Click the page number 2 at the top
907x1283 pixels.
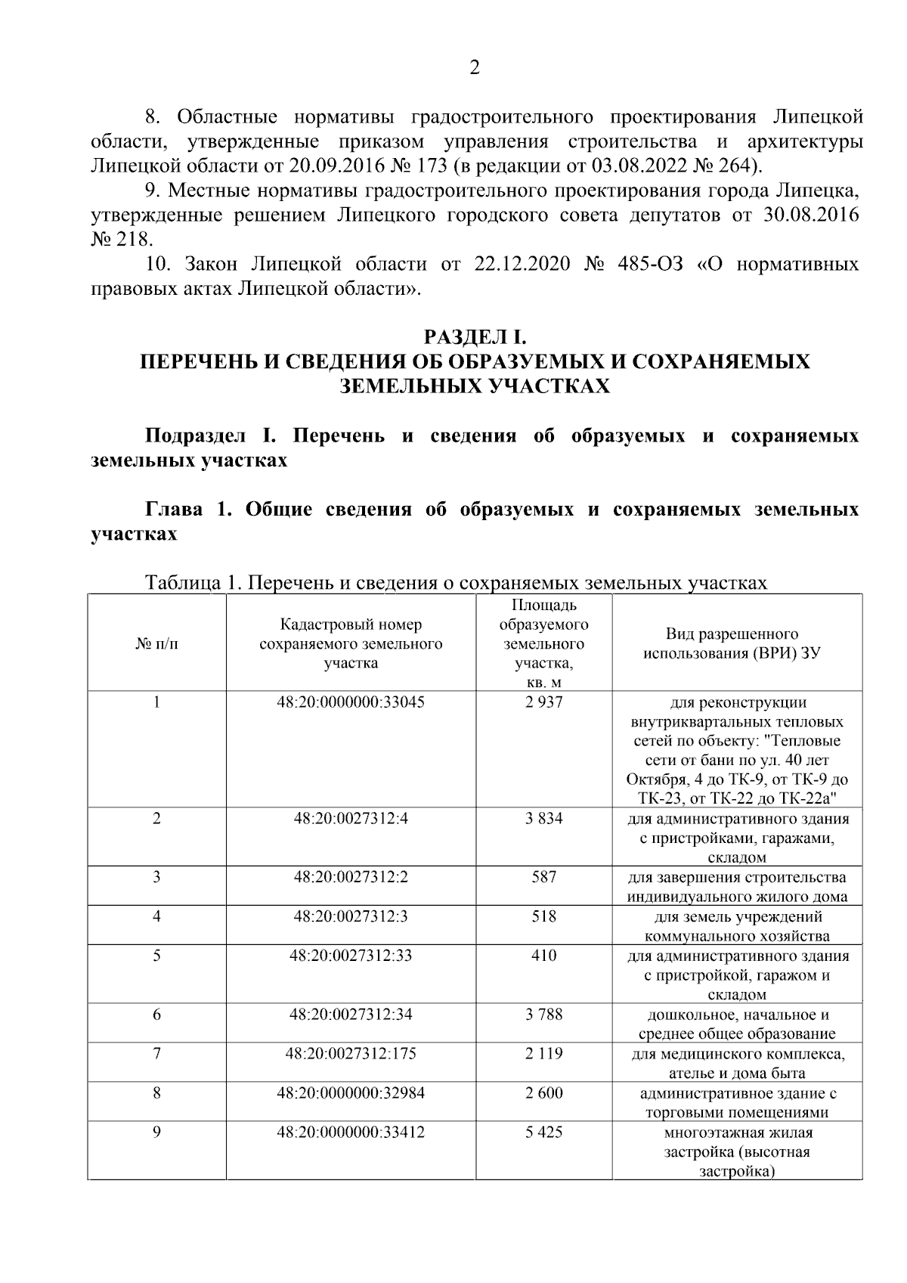(x=475, y=69)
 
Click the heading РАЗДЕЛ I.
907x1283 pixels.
(x=475, y=336)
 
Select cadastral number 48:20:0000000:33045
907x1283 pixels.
(x=351, y=702)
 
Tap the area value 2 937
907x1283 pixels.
(x=543, y=702)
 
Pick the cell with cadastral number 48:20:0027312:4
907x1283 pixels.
(x=351, y=819)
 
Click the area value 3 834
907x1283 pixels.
(x=543, y=819)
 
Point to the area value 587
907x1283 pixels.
(x=543, y=877)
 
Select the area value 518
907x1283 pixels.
(x=543, y=916)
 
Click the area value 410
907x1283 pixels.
(x=543, y=956)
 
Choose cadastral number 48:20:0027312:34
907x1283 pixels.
(x=351, y=1015)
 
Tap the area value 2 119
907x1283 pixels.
(x=543, y=1054)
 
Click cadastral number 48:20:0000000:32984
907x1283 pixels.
(x=351, y=1093)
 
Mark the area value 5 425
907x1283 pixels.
(x=543, y=1133)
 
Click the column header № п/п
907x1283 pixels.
(x=156, y=644)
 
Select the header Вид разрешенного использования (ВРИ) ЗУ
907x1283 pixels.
(x=731, y=643)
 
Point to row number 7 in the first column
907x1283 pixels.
(x=156, y=1054)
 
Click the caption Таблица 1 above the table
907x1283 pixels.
(x=193, y=583)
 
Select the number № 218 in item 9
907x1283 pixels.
(x=121, y=240)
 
